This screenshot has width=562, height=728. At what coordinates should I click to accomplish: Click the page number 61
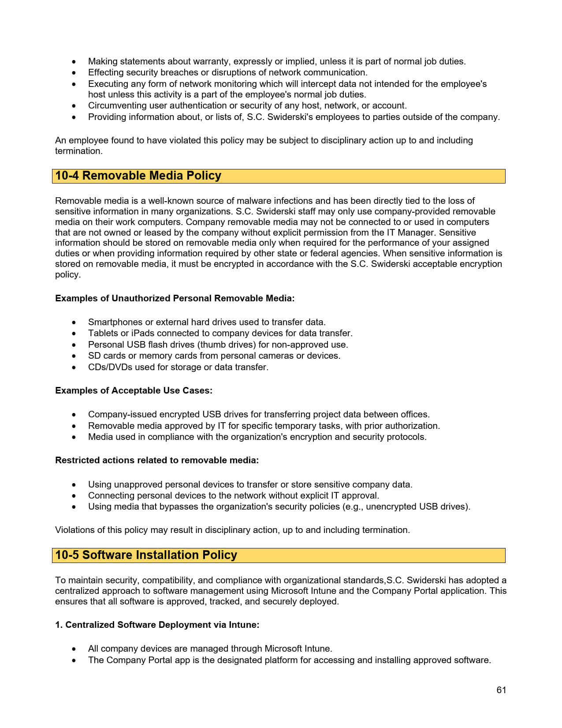(x=501, y=690)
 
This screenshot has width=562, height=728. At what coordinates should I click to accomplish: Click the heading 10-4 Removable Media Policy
(x=138, y=176)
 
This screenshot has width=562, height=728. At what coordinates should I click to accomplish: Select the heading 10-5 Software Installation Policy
(x=146, y=555)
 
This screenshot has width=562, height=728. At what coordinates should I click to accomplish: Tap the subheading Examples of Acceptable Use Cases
(x=134, y=390)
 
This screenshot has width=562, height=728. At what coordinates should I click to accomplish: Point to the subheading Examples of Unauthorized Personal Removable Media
(x=175, y=298)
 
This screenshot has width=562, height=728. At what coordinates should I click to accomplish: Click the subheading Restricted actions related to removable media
(x=156, y=460)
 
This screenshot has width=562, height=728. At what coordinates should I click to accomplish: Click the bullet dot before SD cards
(x=74, y=356)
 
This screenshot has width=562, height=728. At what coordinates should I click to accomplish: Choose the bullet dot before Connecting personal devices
(x=74, y=496)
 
